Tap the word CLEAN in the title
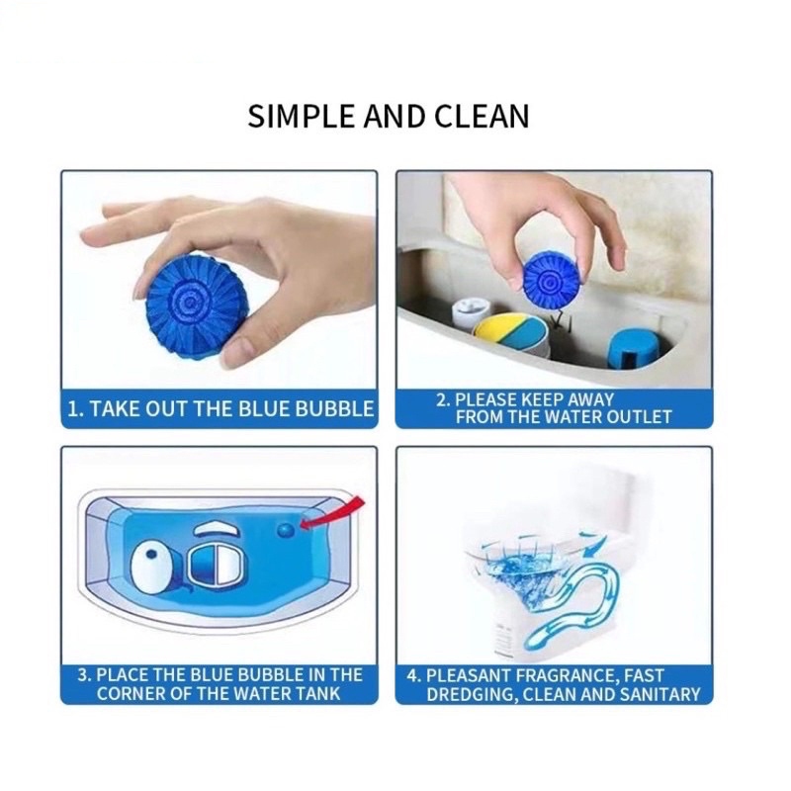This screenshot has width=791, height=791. coord(482,116)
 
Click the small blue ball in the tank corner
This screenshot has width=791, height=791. coord(286,529)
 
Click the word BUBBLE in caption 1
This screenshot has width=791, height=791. coord(334,408)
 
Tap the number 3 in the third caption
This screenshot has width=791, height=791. coord(83,675)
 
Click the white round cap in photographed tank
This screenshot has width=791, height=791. coord(469,311)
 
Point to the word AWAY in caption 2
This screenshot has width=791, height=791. coord(590,399)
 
